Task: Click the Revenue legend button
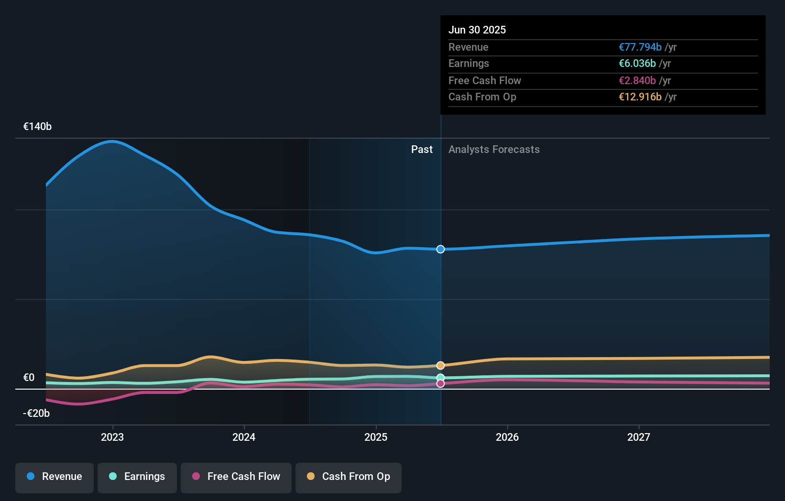click(x=55, y=477)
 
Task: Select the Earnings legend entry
click(x=137, y=477)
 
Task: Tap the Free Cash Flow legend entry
click(x=236, y=477)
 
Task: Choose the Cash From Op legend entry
click(x=349, y=477)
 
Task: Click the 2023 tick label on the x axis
click(x=112, y=437)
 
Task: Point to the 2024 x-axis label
click(x=244, y=437)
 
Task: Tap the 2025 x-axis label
click(x=376, y=437)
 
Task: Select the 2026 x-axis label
click(x=507, y=437)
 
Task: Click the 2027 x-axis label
click(x=639, y=437)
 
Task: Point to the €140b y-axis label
click(x=37, y=127)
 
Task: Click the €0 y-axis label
click(x=29, y=378)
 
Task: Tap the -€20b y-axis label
click(x=36, y=414)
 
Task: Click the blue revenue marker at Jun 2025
click(x=440, y=249)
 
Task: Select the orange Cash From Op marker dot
click(x=440, y=365)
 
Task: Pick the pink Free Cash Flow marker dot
click(x=440, y=383)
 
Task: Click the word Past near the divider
click(x=422, y=150)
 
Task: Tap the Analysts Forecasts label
click(x=494, y=150)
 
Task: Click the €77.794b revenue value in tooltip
click(x=640, y=47)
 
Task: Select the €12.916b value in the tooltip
click(x=640, y=97)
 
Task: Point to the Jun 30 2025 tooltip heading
click(x=477, y=30)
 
